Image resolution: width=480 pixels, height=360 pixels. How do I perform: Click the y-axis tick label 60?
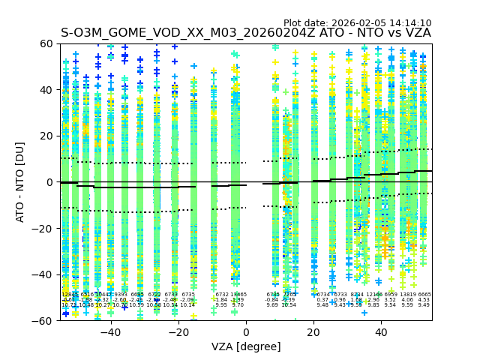pyautogui.click(x=47, y=43)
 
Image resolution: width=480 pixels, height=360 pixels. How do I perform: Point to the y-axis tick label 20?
pyautogui.click(x=47, y=136)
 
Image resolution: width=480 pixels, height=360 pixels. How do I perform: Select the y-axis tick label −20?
pyautogui.click(x=45, y=228)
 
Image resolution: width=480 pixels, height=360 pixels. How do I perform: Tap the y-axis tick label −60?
pyautogui.click(x=45, y=320)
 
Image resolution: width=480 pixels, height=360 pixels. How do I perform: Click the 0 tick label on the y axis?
pyautogui.click(x=50, y=182)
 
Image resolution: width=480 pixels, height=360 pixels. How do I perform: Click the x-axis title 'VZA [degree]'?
pyautogui.click(x=246, y=346)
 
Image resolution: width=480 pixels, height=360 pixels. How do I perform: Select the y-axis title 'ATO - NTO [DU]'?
pyautogui.click(x=21, y=182)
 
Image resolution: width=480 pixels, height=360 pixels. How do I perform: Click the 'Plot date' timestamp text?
pyautogui.click(x=357, y=23)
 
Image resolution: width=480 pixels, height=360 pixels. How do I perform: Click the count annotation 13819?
pyautogui.click(x=407, y=295)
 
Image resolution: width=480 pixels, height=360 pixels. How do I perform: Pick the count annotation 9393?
pyautogui.click(x=121, y=295)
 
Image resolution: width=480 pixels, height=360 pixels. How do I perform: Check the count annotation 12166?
pyautogui.click(x=373, y=295)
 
